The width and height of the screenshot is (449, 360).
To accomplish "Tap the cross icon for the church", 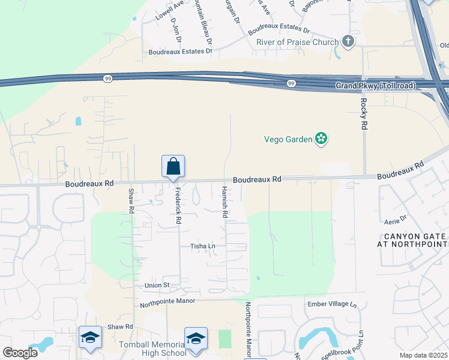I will pyautogui.click(x=348, y=41).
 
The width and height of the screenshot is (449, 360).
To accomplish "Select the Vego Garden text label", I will pyautogui.click(x=288, y=139).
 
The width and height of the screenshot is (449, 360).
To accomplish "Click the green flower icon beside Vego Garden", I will pyautogui.click(x=322, y=139).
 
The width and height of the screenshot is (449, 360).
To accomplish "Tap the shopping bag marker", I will pyautogui.click(x=173, y=167).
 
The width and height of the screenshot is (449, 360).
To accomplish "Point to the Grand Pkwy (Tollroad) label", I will pyautogui.click(x=375, y=86).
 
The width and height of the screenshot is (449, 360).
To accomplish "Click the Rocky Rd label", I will pyautogui.click(x=363, y=115).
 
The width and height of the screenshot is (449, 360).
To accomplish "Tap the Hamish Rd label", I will pyautogui.click(x=224, y=202).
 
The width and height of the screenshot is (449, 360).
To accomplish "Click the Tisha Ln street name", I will pyautogui.click(x=202, y=246).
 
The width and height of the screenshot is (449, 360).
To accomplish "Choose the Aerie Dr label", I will pyautogui.click(x=395, y=218).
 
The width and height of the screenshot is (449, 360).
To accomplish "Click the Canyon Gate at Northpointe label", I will pyautogui.click(x=412, y=240).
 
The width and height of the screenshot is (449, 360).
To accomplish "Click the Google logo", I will pyautogui.click(x=20, y=353).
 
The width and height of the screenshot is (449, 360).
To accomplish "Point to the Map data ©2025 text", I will pyautogui.click(x=423, y=355).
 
